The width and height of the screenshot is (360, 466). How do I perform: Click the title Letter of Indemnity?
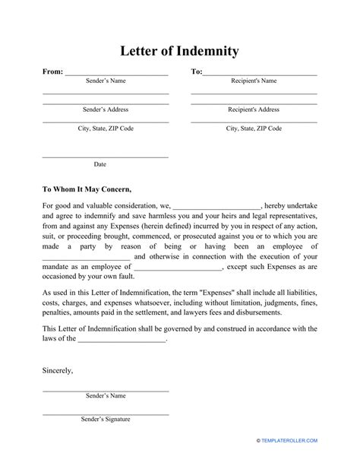click(x=180, y=52)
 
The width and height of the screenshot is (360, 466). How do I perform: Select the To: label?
click(x=196, y=71)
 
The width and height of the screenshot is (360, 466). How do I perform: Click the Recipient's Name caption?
click(x=254, y=81)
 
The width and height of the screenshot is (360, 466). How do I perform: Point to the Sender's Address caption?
click(x=106, y=109)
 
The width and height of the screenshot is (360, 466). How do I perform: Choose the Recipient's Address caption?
click(x=254, y=109)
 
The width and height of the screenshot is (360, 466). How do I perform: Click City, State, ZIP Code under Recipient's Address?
click(x=254, y=128)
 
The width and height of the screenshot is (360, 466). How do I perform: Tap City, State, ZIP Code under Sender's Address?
click(x=106, y=128)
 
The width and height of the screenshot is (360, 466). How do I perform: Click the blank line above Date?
click(x=106, y=157)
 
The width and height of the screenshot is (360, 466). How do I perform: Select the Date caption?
click(x=100, y=164)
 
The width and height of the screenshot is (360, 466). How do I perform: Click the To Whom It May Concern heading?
click(x=87, y=189)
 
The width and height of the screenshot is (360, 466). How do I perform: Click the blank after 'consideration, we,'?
click(x=217, y=206)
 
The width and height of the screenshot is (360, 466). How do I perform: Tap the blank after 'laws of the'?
click(x=122, y=339)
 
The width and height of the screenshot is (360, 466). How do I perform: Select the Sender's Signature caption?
click(x=106, y=420)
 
